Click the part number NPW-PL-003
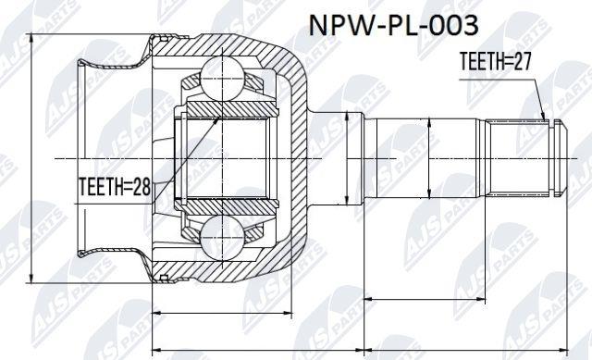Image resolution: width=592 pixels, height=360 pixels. tap(394, 25)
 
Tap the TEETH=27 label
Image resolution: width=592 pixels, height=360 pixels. tap(496, 61)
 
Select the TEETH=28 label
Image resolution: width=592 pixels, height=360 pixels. tap(115, 187)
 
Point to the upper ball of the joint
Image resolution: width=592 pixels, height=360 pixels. tap(221, 79)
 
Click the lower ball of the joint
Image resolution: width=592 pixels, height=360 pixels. tap(221, 237)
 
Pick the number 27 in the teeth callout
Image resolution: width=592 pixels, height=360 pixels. tap(522, 61)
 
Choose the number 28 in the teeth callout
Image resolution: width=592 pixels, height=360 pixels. tap(141, 187)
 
